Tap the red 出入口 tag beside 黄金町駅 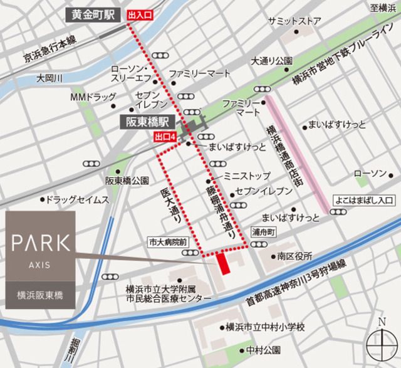click(139, 14)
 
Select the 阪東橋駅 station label click(146, 124)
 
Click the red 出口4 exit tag click(164, 136)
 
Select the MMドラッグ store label click(93, 98)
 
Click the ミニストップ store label click(247, 176)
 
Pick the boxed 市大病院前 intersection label click(167, 241)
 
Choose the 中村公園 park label click(262, 349)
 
